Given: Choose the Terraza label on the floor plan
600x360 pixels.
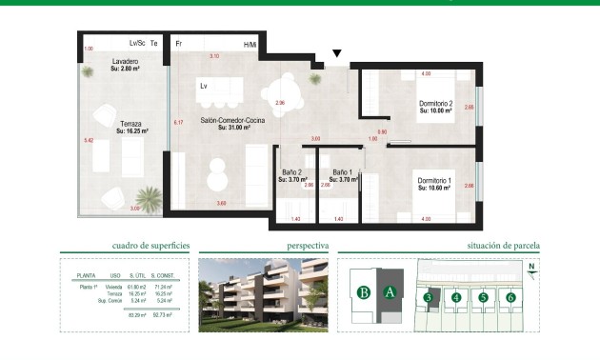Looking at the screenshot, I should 130,124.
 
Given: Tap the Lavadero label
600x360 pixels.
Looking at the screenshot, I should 126,63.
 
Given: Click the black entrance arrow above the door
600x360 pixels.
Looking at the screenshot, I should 335,54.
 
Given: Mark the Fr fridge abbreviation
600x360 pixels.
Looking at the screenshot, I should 179,44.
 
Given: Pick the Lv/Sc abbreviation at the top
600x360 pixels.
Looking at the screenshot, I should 136,44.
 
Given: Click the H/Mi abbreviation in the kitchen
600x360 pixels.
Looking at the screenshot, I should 250,45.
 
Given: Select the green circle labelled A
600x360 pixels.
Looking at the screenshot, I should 389,292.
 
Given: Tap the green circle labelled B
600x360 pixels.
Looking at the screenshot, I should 363,292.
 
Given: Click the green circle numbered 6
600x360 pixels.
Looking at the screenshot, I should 511,298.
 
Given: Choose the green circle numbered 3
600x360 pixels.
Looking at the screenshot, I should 429,298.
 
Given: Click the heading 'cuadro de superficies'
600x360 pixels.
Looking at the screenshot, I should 150,246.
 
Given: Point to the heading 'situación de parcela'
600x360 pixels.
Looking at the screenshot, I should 504,246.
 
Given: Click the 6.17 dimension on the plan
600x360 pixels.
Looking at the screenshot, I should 178,123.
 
